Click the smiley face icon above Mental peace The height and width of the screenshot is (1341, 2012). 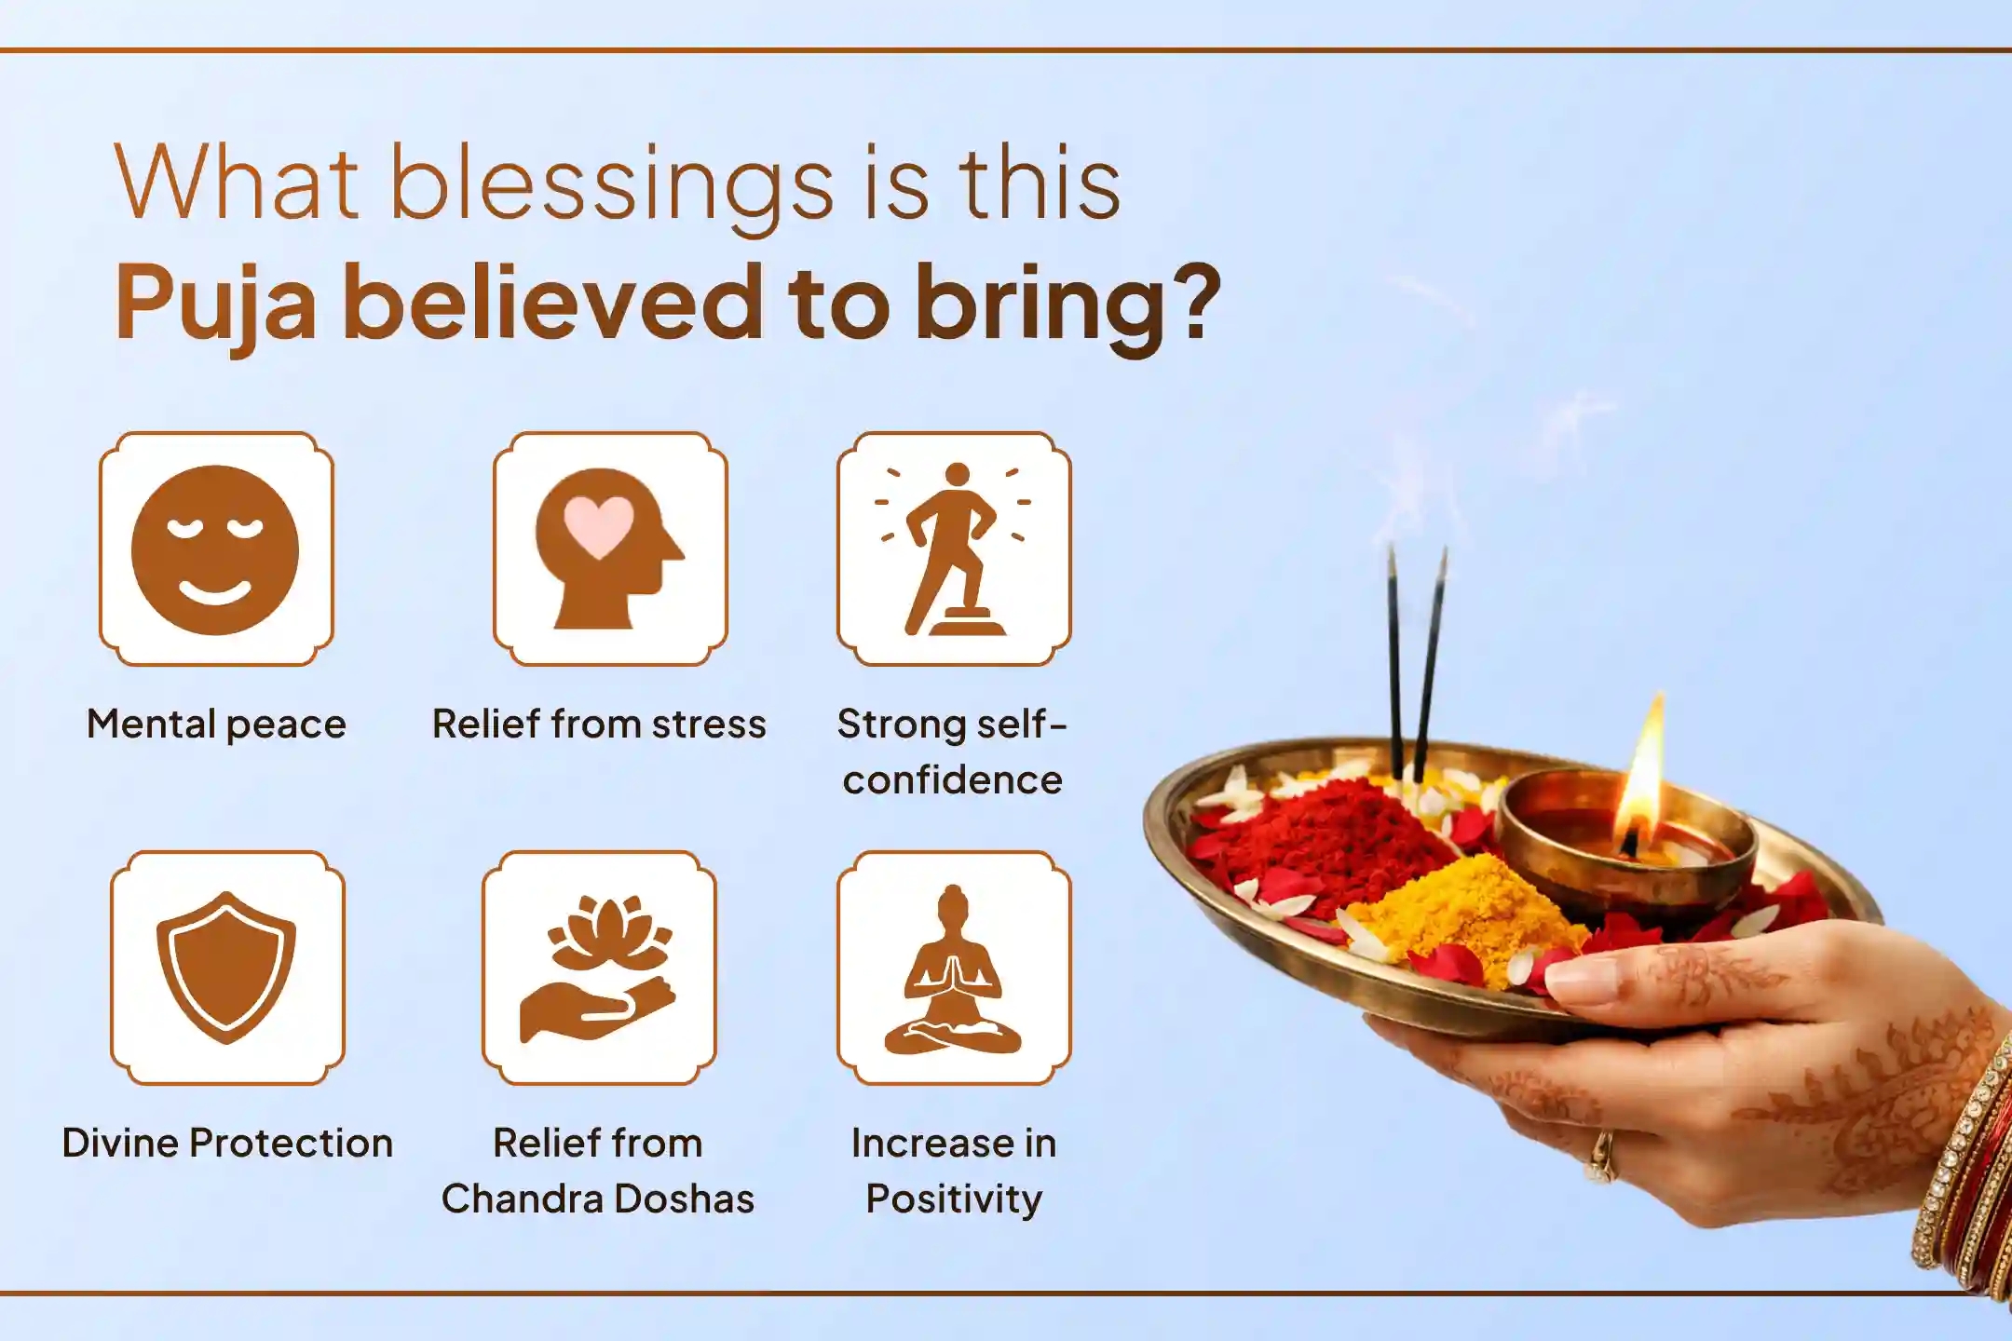coord(215,549)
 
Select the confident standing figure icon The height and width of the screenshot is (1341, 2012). coord(953,549)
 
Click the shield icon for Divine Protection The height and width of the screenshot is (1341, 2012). coord(226,967)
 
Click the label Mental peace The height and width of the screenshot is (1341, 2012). coord(216,725)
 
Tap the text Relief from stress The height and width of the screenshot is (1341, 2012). coord(599,725)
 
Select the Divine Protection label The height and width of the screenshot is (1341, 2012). coord(227,1143)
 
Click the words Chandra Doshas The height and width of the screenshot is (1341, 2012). coord(598,1199)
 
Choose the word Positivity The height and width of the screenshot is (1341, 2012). coord(953,1199)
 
